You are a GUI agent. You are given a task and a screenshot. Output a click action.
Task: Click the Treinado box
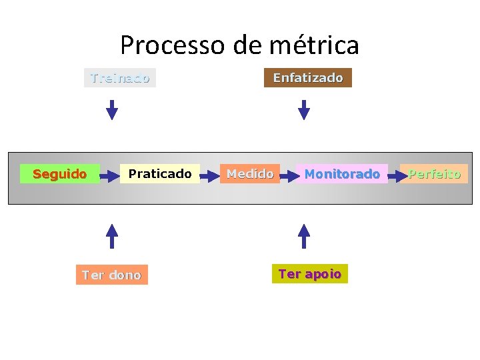(x=120, y=78)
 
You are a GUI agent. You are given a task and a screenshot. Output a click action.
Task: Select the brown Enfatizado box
(x=308, y=78)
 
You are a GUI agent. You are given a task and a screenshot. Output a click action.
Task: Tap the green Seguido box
(x=60, y=174)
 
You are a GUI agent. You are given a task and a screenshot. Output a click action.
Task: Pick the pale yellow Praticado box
(x=160, y=174)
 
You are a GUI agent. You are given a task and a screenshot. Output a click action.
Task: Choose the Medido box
(x=250, y=174)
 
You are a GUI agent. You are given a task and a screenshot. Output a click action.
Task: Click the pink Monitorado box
(x=342, y=174)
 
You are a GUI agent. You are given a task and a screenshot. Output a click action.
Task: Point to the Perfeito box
(x=435, y=174)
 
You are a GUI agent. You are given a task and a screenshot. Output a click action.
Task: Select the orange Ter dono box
(x=112, y=275)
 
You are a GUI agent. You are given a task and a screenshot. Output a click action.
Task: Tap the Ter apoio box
(x=310, y=273)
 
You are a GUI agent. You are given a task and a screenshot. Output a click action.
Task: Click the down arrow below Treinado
(x=112, y=110)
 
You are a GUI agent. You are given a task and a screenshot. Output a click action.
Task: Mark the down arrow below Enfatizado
(x=304, y=110)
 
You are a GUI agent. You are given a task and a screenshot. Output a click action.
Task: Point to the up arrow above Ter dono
(x=112, y=236)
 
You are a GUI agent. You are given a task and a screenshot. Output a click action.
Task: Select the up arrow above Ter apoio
(x=304, y=236)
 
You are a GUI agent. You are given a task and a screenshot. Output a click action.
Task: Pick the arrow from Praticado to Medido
(x=211, y=175)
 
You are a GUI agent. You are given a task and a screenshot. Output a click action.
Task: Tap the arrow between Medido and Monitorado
(x=288, y=175)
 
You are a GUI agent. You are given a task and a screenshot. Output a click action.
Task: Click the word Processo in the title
(x=173, y=45)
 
